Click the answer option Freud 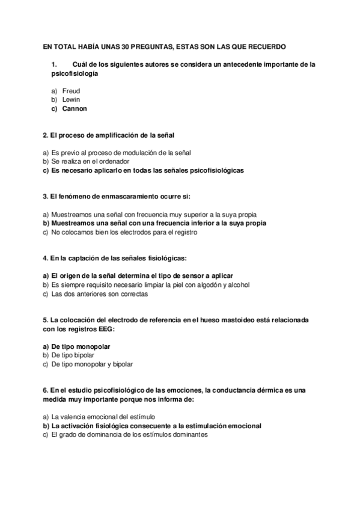(71, 91)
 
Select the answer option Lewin (71, 100)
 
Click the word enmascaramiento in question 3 (125, 196)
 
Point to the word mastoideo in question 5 (234, 320)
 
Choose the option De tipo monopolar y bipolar (92, 364)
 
